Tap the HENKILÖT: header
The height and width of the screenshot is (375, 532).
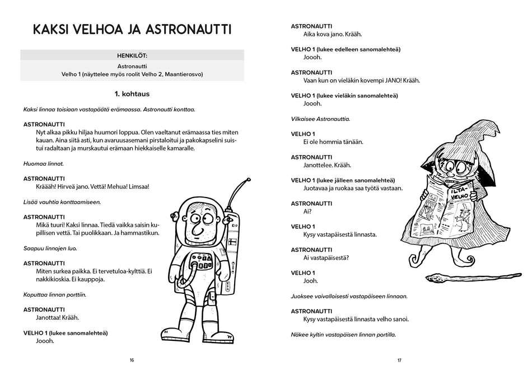tap(132, 55)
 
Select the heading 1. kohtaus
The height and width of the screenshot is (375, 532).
tap(132, 93)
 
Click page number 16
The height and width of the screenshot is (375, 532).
tap(132, 360)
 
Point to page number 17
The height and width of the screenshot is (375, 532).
tap(399, 360)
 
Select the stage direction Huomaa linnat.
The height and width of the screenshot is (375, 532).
tap(44, 163)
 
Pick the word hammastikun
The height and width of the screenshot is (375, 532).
tap(139, 232)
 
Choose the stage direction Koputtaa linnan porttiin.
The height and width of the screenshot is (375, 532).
tap(55, 294)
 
